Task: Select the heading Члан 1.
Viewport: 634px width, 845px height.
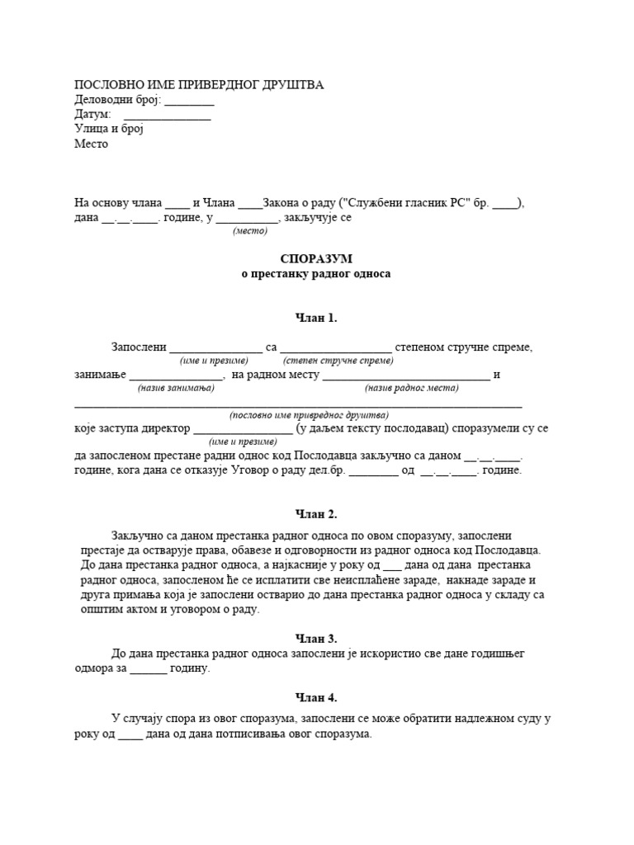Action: pos(316,318)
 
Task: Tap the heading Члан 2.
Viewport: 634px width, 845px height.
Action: pos(316,514)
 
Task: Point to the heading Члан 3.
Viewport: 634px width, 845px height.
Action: pos(316,638)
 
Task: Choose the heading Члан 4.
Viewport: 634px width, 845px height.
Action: pos(316,697)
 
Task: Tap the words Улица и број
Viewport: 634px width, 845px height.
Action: pos(109,129)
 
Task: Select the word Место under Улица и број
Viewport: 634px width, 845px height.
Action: pos(92,144)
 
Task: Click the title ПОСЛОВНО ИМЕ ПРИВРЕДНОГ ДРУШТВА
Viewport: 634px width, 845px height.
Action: pos(200,85)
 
